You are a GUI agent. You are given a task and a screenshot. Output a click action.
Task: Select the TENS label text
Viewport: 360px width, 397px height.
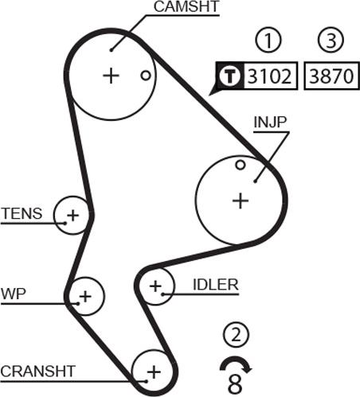pyautogui.click(x=21, y=213)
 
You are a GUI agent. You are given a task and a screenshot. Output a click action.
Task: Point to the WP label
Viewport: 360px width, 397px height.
pyautogui.click(x=14, y=293)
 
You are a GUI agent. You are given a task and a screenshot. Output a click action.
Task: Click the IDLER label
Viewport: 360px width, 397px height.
pyautogui.click(x=215, y=284)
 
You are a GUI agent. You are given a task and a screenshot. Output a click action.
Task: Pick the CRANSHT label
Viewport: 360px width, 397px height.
pyautogui.click(x=38, y=371)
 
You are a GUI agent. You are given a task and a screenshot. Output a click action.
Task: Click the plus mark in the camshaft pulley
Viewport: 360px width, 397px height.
pyautogui.click(x=110, y=76)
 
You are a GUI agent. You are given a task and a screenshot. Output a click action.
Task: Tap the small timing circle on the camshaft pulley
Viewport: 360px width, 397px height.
pyautogui.click(x=145, y=76)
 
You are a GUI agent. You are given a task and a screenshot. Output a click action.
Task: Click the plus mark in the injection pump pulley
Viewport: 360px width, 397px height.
pyautogui.click(x=240, y=200)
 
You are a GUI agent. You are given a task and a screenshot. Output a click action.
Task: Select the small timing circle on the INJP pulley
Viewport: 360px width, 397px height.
pyautogui.click(x=240, y=165)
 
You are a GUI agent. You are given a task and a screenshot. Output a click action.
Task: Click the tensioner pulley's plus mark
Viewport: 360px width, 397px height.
pyautogui.click(x=73, y=214)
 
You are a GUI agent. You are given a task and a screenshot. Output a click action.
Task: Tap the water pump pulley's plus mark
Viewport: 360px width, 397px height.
pyautogui.click(x=85, y=296)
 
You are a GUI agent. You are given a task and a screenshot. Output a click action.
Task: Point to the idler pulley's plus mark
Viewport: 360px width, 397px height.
pyautogui.click(x=156, y=285)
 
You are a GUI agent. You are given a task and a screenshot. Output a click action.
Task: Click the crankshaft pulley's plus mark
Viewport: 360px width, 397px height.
pyautogui.click(x=152, y=371)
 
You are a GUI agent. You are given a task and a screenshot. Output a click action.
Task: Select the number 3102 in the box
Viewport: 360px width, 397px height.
pyautogui.click(x=270, y=77)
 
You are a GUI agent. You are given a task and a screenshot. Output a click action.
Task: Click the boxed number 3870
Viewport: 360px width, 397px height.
pyautogui.click(x=332, y=77)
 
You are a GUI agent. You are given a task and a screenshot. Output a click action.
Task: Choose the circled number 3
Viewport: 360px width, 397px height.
pyautogui.click(x=331, y=41)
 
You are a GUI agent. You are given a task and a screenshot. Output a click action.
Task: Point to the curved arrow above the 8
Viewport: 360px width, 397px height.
pyautogui.click(x=236, y=364)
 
